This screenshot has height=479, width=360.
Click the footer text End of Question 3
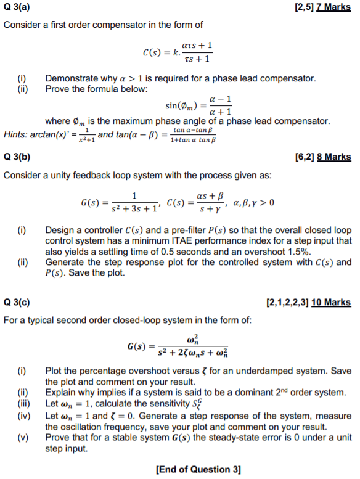pyautogui.click(x=198, y=469)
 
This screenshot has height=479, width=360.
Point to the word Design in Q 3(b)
pyautogui.click(x=60, y=229)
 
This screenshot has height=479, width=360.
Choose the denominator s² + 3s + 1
pyautogui.click(x=134, y=208)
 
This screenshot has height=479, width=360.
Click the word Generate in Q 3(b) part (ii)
pyautogui.click(x=66, y=262)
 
